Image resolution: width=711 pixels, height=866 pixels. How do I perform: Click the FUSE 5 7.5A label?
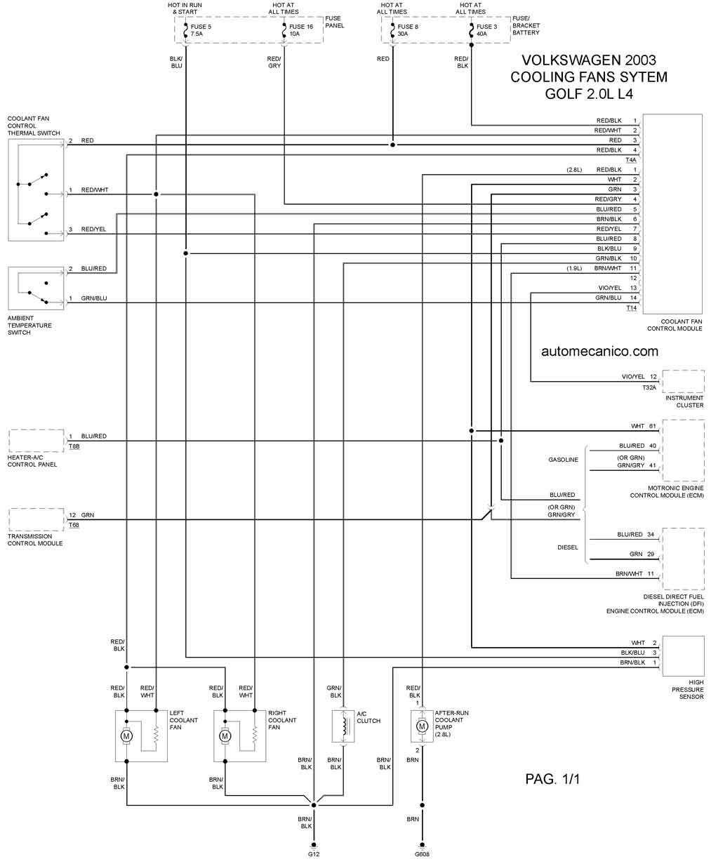[201, 29]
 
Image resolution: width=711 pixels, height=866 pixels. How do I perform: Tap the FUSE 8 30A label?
[408, 29]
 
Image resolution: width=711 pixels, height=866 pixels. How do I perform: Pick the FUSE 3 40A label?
[486, 29]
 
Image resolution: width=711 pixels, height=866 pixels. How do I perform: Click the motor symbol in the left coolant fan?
[127, 735]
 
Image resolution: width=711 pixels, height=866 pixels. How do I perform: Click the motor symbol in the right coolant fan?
[225, 735]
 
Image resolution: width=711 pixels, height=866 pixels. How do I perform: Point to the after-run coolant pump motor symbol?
[422, 726]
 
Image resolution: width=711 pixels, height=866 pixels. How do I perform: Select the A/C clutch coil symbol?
[343, 726]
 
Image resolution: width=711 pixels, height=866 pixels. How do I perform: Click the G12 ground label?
[314, 854]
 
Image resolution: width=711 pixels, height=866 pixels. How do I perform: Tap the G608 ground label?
[422, 854]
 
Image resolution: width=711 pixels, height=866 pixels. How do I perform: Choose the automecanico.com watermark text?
[599, 351]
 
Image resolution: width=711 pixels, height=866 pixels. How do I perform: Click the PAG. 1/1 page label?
[553, 779]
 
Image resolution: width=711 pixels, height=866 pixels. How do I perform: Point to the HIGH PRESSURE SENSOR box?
[683, 655]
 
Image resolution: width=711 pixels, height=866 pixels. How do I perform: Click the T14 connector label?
[631, 308]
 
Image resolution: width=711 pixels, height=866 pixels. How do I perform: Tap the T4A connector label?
[631, 160]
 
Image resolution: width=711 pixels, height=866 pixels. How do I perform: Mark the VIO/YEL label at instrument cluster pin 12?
[632, 377]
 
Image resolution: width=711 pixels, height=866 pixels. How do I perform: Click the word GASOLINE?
[563, 460]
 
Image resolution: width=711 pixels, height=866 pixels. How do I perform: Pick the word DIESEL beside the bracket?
[567, 547]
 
